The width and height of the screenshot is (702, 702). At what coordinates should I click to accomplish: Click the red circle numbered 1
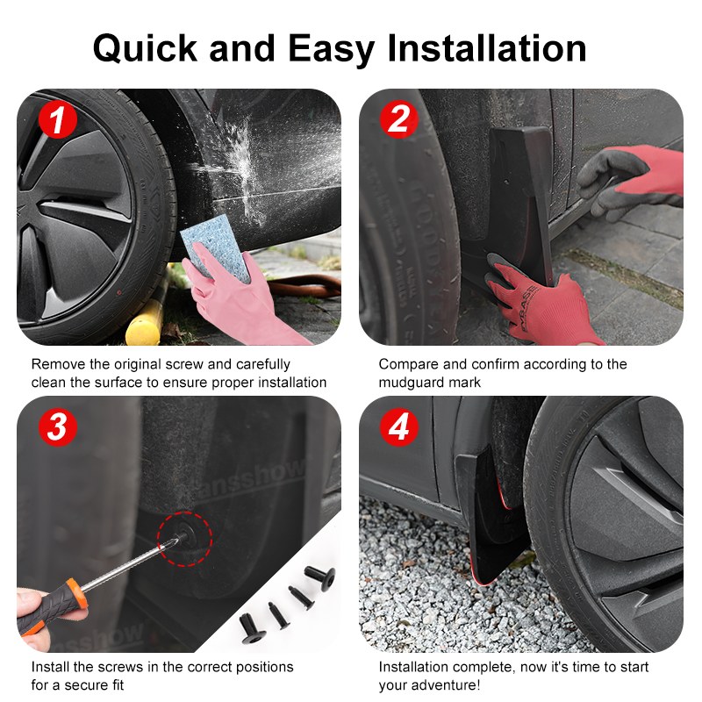[x=58, y=119]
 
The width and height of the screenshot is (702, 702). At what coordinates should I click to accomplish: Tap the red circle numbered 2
[x=399, y=119]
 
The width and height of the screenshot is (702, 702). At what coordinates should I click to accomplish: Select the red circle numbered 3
[x=58, y=427]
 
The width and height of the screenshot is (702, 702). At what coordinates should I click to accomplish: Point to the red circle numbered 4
[x=399, y=427]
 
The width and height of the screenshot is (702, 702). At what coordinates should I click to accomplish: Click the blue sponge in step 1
[x=216, y=247]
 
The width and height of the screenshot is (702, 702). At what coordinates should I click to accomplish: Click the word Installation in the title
[x=487, y=48]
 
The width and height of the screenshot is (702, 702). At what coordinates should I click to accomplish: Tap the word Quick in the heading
[x=145, y=49]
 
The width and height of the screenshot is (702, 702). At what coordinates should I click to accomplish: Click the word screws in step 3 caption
[x=121, y=667]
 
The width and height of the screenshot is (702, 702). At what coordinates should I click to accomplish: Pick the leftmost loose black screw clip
[x=252, y=628]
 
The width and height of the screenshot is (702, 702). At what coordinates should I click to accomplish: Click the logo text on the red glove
[x=529, y=308]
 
